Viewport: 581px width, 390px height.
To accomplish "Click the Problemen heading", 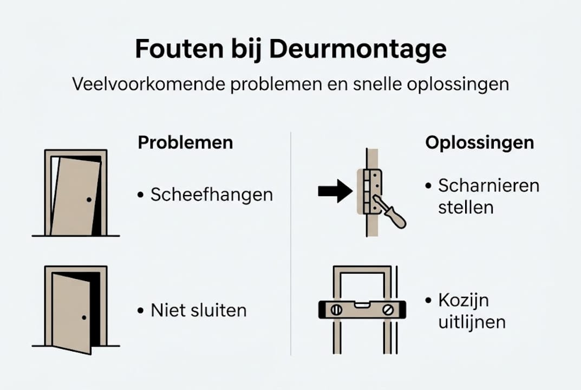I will coord(185,143).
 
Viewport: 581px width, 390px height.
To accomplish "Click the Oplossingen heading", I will coord(479,143).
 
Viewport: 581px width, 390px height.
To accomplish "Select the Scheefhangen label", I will coord(211,195).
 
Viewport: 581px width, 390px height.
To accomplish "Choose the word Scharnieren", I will coord(488,186).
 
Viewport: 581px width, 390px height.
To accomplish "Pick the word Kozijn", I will coord(465,301).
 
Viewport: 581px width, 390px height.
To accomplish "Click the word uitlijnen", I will coord(472,322).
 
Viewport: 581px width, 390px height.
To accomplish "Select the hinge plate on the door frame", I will coord(373,189).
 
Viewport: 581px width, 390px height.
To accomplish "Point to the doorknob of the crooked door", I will coord(88,200).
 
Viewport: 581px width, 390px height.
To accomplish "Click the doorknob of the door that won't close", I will coord(84,317).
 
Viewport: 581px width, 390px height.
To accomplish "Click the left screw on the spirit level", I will coord(336,310).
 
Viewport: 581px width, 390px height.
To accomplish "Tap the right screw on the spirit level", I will coord(388,310).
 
